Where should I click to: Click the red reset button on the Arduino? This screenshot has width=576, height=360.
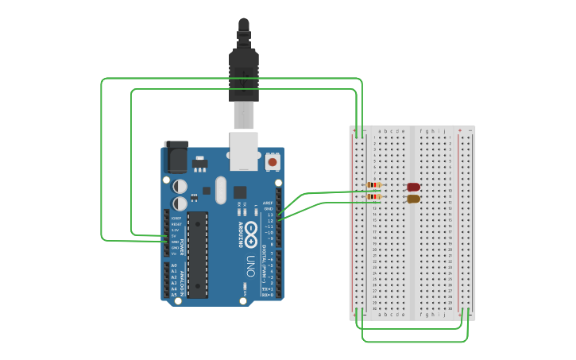tap(273, 161)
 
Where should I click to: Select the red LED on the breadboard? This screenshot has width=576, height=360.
tap(413, 188)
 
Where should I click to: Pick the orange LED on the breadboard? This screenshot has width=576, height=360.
tap(413, 199)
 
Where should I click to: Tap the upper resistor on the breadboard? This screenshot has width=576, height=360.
tap(373, 185)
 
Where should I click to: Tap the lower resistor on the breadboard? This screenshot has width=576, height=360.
tap(373, 196)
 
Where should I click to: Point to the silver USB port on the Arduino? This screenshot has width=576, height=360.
tap(244, 150)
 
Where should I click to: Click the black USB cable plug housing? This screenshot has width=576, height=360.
tap(244, 75)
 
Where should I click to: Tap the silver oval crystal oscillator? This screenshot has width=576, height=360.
tap(220, 190)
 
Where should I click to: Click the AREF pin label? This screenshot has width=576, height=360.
tap(268, 203)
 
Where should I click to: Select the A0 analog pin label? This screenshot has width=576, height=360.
tap(174, 265)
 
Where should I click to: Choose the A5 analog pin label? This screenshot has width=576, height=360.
tap(174, 295)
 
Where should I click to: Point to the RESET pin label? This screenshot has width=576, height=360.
tap(176, 224)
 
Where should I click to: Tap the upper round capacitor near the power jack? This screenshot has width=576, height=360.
tap(180, 186)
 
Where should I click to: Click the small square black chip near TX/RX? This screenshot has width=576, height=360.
tap(240, 192)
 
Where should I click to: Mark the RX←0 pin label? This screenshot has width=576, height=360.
tap(268, 295)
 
